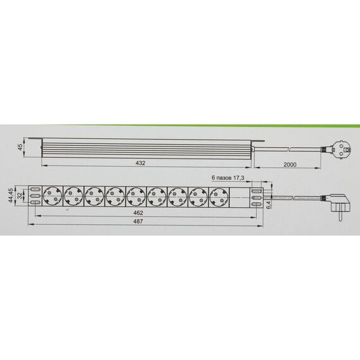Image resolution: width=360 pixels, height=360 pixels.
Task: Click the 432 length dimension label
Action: pyautogui.click(x=140, y=163)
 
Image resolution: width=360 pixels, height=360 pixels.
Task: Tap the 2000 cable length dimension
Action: pyautogui.click(x=290, y=165)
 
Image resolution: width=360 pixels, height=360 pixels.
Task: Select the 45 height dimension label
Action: pyautogui.click(x=20, y=147)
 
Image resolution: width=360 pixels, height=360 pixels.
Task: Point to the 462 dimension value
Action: pyautogui.click(x=138, y=213)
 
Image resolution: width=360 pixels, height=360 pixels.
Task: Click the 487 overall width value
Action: pyautogui.click(x=138, y=221)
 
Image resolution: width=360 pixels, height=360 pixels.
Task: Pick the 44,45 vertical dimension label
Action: pyautogui.click(x=11, y=196)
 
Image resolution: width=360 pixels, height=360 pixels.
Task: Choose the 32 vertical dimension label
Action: pyautogui.click(x=20, y=196)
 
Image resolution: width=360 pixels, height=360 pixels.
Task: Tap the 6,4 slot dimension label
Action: pyautogui.click(x=269, y=205)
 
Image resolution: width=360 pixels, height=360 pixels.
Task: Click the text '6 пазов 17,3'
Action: pyautogui.click(x=227, y=177)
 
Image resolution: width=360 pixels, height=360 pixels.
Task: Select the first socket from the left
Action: pyautogui.click(x=53, y=196)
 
